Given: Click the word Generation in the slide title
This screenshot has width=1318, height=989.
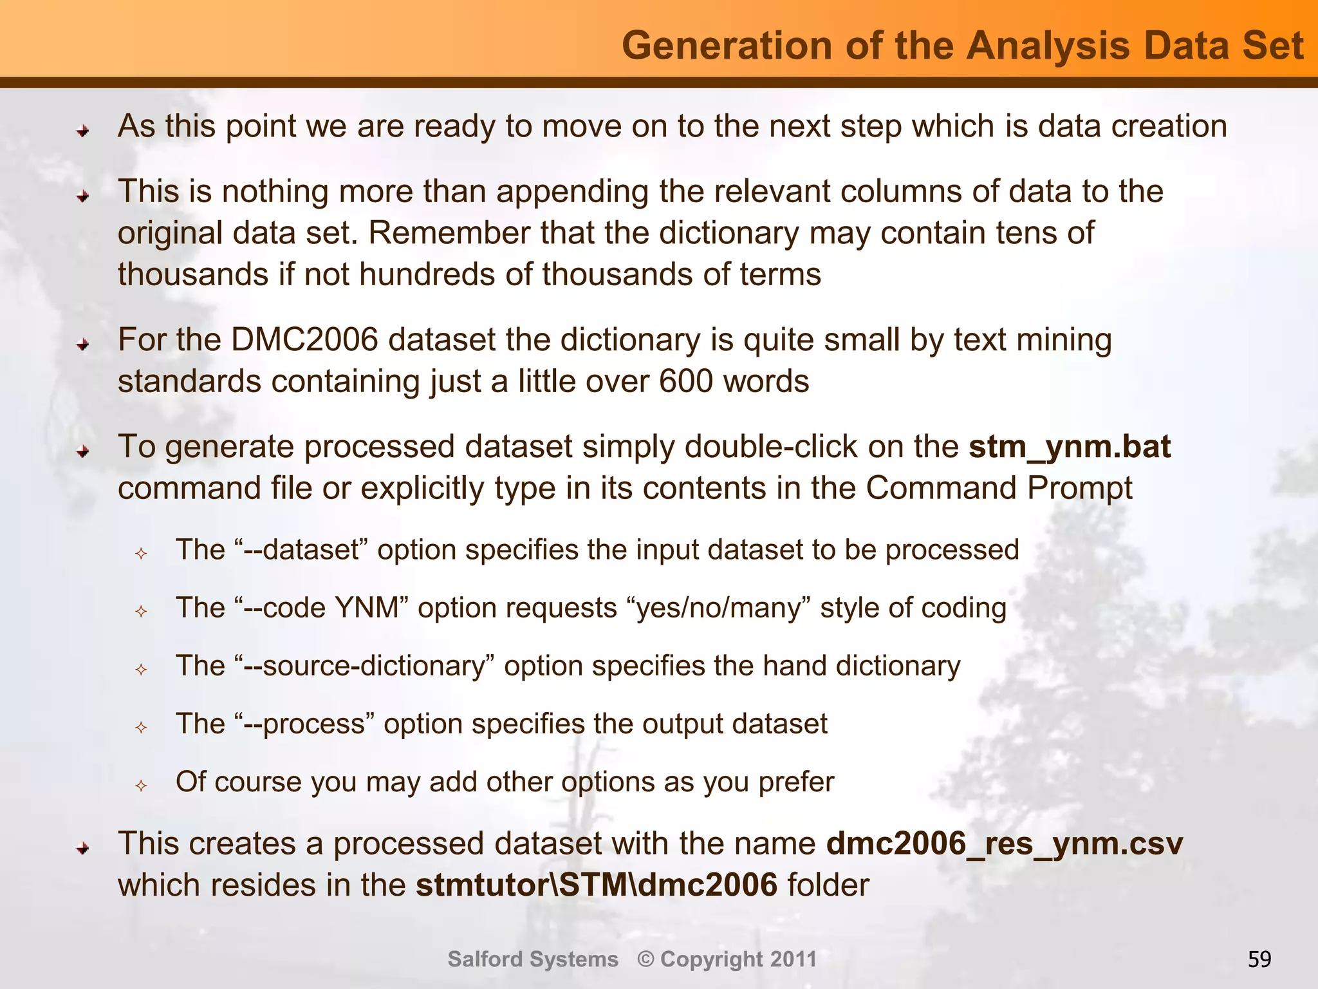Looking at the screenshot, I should pos(728,46).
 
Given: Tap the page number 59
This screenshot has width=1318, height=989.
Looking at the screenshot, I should pos(1259,959).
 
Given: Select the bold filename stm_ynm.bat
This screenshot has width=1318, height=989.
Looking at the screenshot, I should pos(1070,446).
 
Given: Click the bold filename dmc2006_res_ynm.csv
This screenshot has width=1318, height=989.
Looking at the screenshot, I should pos(1004,843).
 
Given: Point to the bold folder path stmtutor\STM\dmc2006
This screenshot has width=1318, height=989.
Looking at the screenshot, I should pos(597,885).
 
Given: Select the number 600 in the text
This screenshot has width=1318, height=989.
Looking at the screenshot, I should pos(686,381).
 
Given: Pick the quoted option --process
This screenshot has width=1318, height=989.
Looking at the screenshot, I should pos(305,724).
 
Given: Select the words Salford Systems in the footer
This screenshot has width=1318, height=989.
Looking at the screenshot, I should pos(533,959).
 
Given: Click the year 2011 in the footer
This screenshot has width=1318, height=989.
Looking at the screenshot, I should pos(794,959).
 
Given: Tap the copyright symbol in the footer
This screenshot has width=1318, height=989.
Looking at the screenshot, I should pos(645,959).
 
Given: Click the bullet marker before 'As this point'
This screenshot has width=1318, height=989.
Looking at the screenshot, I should pos(82,131).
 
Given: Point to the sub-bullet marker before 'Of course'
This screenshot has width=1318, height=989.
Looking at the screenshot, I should pos(142,786).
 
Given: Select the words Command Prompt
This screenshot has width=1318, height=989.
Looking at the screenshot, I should pos(999,488).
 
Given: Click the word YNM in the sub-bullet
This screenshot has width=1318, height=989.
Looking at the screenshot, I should pos(373,608).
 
